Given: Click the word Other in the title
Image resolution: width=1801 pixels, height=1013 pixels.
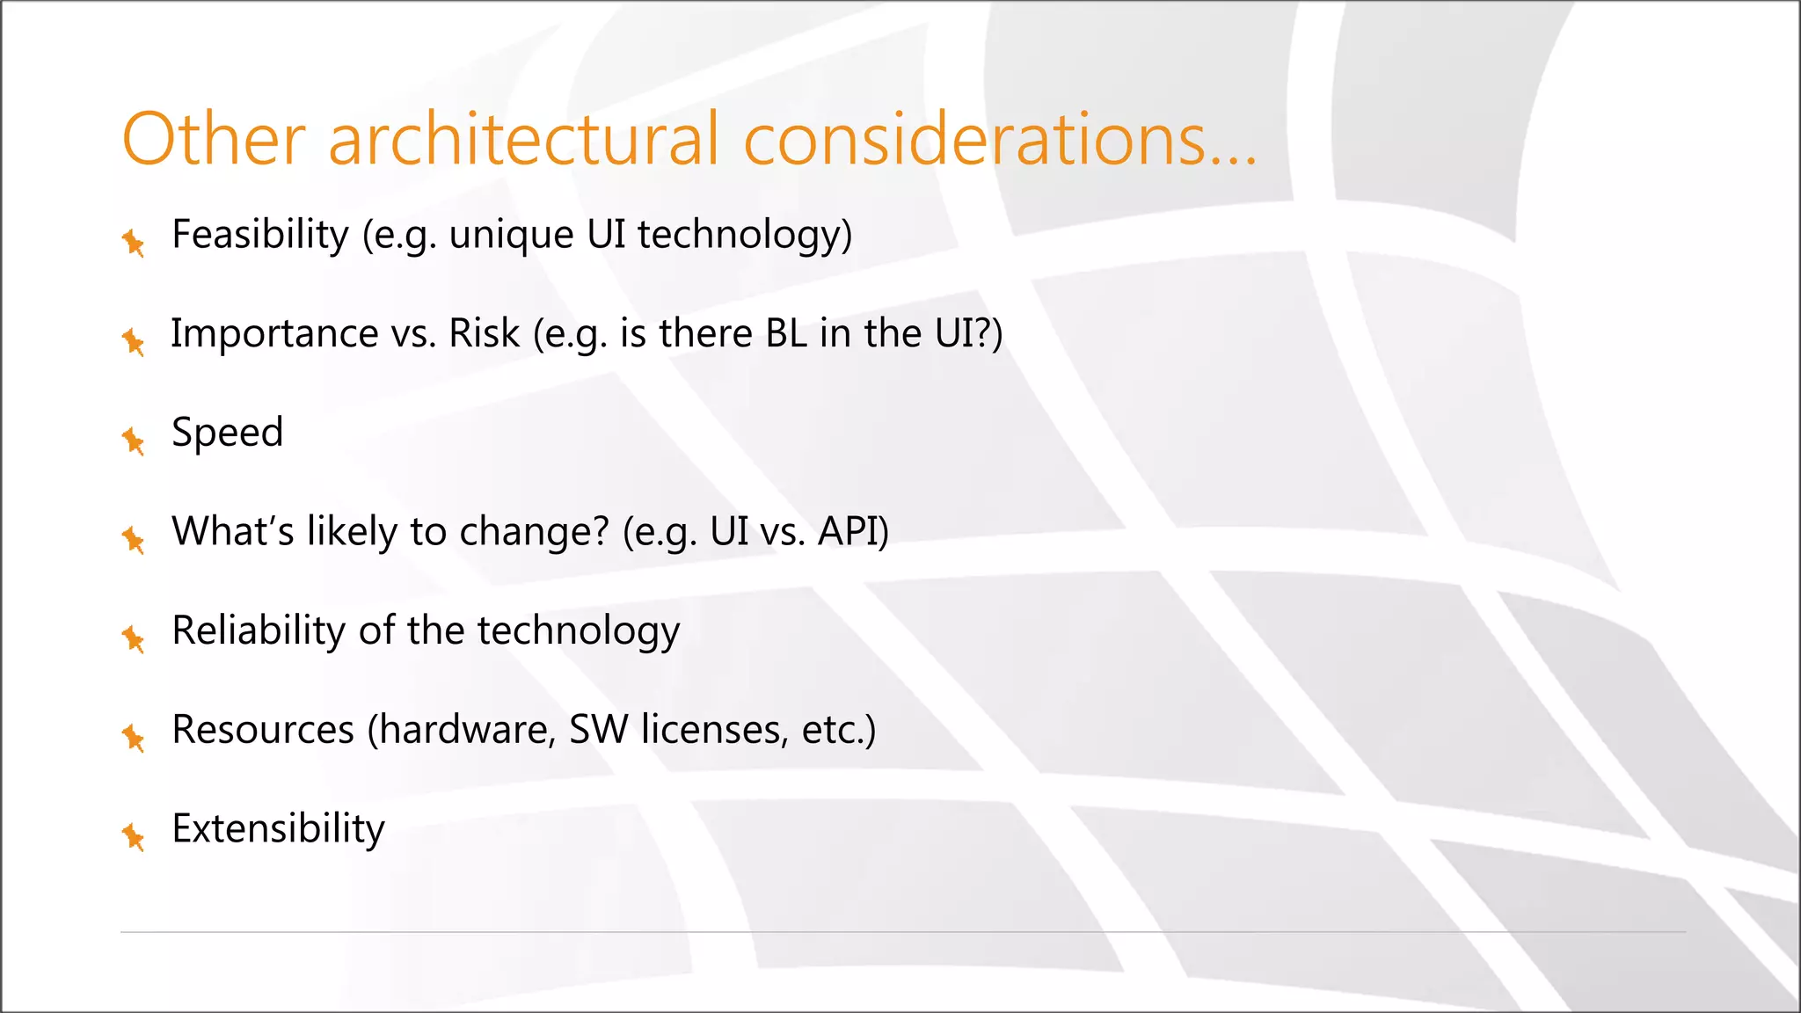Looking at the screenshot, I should click(214, 139).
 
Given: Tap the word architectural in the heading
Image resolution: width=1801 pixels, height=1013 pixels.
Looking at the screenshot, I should click(523, 139).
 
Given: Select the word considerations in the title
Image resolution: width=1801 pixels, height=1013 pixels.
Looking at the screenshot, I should click(974, 139).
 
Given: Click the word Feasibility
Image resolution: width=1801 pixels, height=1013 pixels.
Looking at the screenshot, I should click(260, 235).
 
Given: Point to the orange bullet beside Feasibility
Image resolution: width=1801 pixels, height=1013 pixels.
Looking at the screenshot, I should click(134, 242).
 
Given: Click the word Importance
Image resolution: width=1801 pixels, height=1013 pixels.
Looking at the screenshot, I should click(274, 334).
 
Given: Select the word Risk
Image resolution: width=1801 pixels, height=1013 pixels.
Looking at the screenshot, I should click(485, 334).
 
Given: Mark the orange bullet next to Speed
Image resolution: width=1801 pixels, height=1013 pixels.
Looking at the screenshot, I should click(134, 440).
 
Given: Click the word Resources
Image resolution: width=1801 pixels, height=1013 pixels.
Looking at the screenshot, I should click(263, 730).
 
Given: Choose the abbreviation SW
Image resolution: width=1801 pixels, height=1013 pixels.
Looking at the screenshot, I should click(598, 730).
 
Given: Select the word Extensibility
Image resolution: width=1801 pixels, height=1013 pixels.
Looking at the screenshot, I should click(278, 829).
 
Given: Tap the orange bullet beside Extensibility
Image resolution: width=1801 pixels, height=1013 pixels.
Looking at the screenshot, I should click(134, 836).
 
